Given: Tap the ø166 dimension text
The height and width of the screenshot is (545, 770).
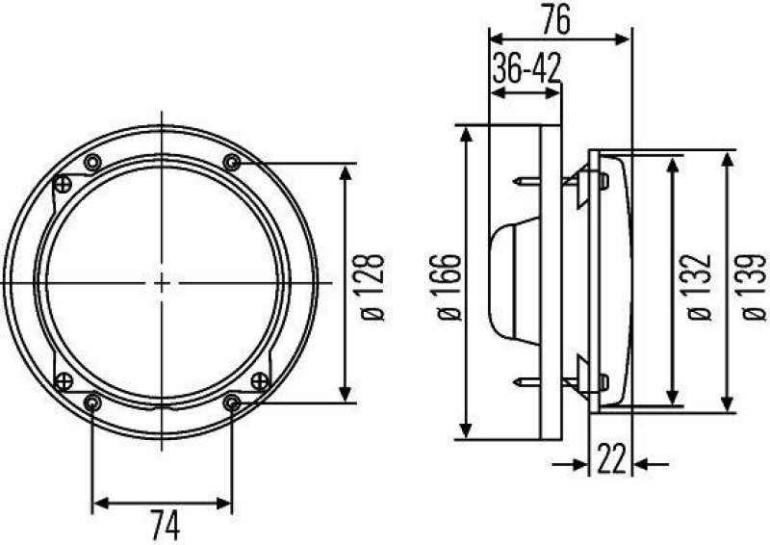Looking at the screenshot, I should [x=446, y=285].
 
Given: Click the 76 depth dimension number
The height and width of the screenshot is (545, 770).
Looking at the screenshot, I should [x=559, y=20].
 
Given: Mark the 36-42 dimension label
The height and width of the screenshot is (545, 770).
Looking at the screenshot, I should [x=526, y=69].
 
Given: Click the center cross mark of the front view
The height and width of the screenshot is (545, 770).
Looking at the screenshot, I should [x=162, y=282].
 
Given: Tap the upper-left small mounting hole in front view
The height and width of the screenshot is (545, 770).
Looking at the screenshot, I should [x=92, y=161].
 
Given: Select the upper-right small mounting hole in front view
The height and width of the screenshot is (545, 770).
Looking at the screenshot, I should [x=231, y=161].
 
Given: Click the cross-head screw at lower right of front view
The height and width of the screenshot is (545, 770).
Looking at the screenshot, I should [x=258, y=381].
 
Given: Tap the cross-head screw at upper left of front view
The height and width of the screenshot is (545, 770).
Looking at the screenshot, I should [x=64, y=183].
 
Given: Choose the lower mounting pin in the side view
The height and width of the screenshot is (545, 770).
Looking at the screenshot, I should [x=526, y=383].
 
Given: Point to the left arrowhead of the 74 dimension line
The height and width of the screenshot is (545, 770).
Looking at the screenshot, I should [x=97, y=502].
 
